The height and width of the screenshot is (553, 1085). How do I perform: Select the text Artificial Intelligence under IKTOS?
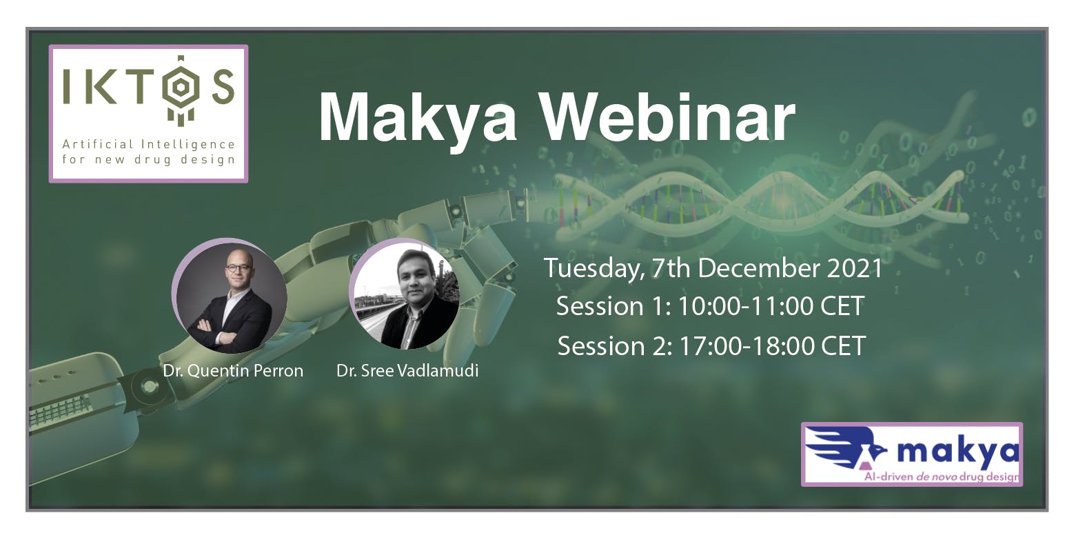click(x=148, y=144)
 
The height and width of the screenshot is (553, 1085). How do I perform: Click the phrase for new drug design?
click(x=148, y=160)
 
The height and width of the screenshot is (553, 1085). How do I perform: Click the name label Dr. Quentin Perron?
click(x=233, y=371)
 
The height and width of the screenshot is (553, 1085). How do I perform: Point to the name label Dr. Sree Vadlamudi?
click(x=407, y=371)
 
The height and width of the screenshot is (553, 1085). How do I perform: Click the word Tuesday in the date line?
click(x=592, y=268)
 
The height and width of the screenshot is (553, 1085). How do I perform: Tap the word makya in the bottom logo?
click(x=958, y=452)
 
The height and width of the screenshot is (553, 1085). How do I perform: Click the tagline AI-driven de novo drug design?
click(x=942, y=476)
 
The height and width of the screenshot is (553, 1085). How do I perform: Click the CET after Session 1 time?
click(x=842, y=306)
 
